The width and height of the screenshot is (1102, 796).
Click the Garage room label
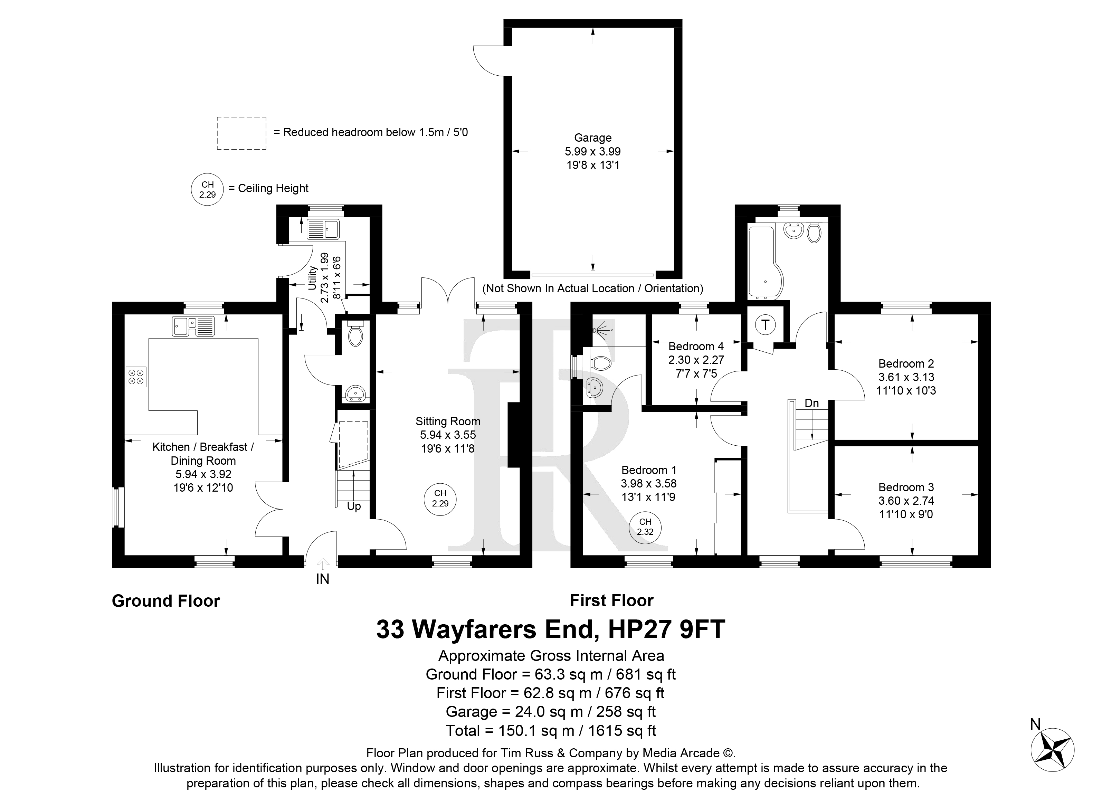coord(592,138)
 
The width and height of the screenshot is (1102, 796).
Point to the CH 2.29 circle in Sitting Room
coord(440,499)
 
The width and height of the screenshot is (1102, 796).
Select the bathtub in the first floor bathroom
coord(764,262)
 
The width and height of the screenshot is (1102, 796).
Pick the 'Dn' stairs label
coord(811,403)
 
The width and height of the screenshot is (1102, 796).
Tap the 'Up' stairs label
coord(354,506)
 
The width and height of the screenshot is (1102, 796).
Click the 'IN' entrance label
coord(323,579)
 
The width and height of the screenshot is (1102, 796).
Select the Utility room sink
coord(324,229)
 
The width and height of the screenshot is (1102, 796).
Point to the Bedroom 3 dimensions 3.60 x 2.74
coord(906,501)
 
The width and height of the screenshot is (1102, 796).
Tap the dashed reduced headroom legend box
coord(241,133)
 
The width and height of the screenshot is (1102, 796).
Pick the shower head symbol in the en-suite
coord(602,330)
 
